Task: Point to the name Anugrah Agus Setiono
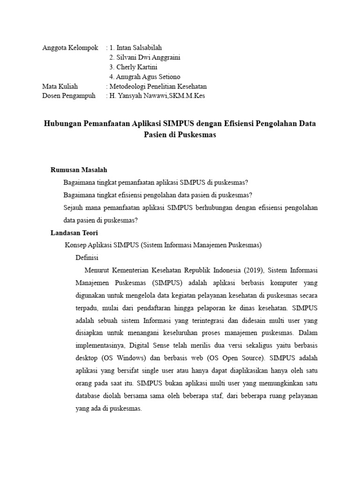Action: coord(148,77)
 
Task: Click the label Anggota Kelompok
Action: coord(70,47)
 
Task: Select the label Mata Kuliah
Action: coord(60,86)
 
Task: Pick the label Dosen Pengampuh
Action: coord(68,96)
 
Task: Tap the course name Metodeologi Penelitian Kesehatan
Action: coord(158,86)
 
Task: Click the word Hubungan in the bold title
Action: coord(62,124)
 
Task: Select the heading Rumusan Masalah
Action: coord(82,170)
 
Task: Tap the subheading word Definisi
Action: coord(87,258)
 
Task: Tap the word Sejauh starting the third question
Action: coord(73,208)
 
